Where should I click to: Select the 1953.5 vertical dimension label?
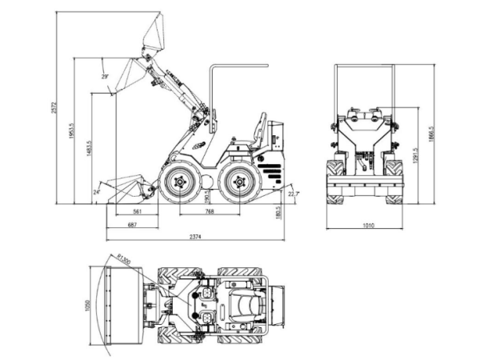click(72, 129)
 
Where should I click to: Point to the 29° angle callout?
click(105, 76)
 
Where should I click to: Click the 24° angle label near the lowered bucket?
click(97, 192)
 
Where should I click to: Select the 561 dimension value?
click(137, 212)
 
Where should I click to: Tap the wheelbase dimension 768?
click(209, 212)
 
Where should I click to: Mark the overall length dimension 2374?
click(195, 238)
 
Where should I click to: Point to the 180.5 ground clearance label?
click(278, 212)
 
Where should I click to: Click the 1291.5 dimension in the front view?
click(414, 155)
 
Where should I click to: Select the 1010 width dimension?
click(368, 226)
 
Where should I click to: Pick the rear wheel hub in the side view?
click(236, 183)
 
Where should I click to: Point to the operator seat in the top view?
click(239, 305)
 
